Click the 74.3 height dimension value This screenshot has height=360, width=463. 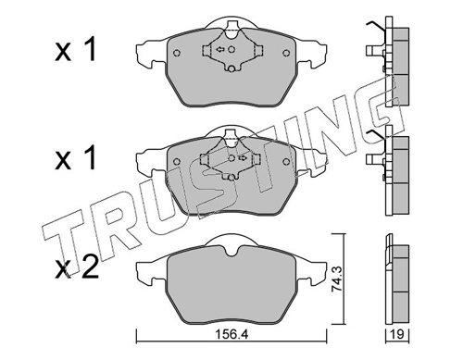337,279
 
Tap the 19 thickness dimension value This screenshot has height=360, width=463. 397,334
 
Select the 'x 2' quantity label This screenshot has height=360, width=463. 77,268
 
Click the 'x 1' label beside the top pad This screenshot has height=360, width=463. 75,50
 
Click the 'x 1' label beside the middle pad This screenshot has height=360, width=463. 75,159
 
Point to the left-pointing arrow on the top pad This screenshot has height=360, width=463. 220,49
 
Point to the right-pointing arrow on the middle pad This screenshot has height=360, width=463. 243,158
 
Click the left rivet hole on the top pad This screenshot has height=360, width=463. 177,53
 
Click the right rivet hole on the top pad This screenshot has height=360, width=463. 286,53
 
